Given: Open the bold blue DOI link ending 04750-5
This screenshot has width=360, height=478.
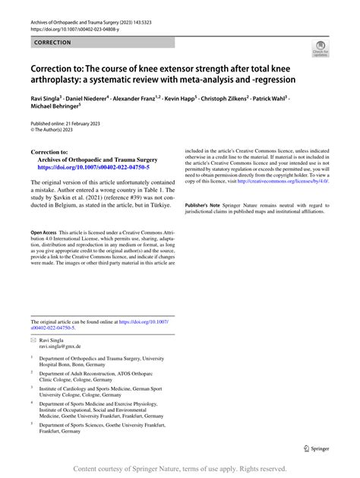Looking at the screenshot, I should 90,168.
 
